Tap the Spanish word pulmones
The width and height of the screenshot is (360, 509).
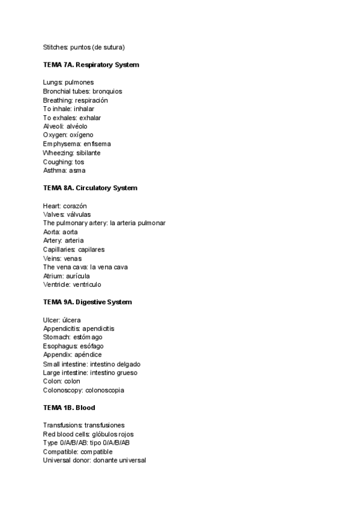[79, 82]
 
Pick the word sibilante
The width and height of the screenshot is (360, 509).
[88, 153]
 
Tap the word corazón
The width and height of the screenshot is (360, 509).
[75, 205]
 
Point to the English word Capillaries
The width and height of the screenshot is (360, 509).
[59, 249]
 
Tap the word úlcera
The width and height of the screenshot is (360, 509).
[71, 319]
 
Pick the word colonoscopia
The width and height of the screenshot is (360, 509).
[102, 390]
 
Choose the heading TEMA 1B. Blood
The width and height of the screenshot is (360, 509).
[69, 408]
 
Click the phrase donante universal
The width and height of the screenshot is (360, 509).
[120, 460]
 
